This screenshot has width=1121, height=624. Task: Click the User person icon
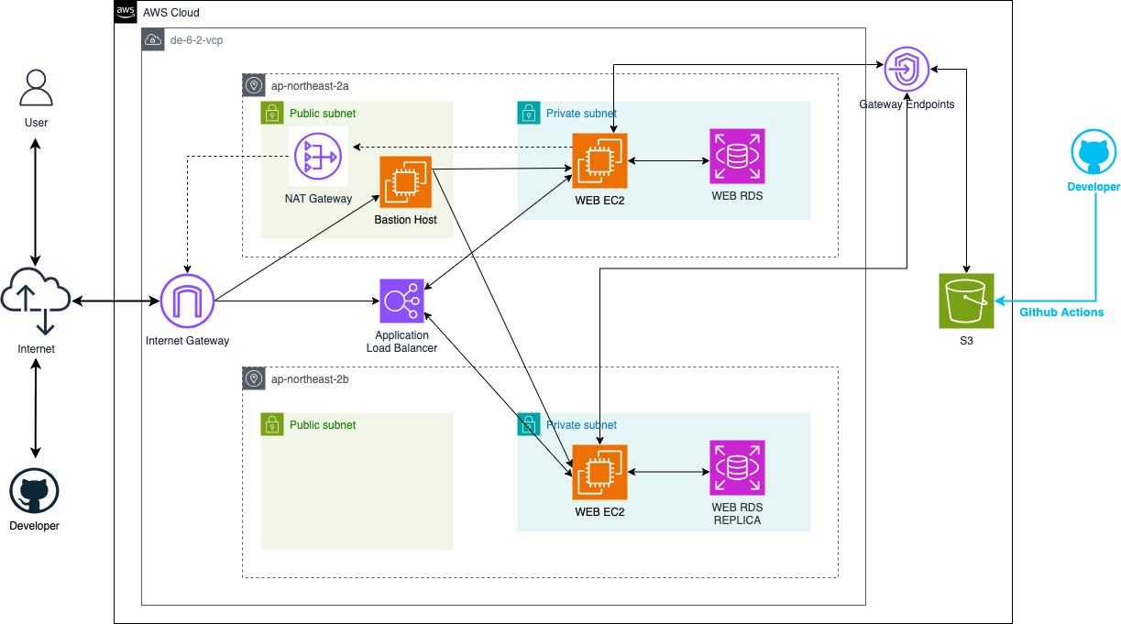pyautogui.click(x=36, y=89)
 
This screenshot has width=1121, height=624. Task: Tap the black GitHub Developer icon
pyautogui.click(x=34, y=493)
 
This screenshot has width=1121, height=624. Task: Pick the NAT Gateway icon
pyautogui.click(x=318, y=158)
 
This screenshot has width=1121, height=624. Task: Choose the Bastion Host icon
pyautogui.click(x=406, y=183)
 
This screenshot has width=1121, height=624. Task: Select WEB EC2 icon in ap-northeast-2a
pyautogui.click(x=599, y=161)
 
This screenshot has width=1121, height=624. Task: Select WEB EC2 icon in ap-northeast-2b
pyautogui.click(x=599, y=472)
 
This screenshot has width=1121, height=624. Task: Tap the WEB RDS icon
pyautogui.click(x=737, y=157)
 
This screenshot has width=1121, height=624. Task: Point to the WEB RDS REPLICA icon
pyautogui.click(x=737, y=468)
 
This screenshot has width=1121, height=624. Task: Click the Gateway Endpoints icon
pyautogui.click(x=907, y=69)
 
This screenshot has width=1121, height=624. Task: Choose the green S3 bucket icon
pyautogui.click(x=966, y=301)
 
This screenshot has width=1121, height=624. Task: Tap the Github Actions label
pyautogui.click(x=1061, y=312)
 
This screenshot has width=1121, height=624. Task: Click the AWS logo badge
pyautogui.click(x=126, y=12)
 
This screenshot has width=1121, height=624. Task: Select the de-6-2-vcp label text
pyautogui.click(x=196, y=40)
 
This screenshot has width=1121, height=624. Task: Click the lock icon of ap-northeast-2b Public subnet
pyautogui.click(x=271, y=424)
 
